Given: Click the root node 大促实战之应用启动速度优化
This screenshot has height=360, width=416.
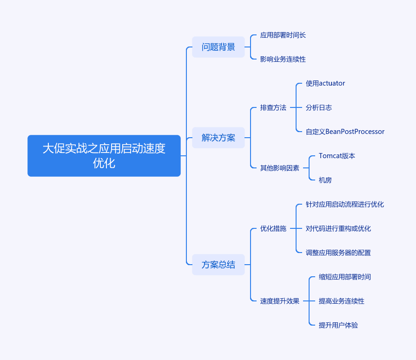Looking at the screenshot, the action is (104, 155).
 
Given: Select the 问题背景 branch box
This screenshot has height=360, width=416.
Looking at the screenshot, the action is (218, 47).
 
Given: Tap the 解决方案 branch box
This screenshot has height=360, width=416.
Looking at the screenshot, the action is (218, 138).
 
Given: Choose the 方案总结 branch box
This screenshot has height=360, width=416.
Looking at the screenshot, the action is (218, 265).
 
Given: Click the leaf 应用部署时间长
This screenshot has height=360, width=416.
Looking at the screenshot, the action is (283, 35).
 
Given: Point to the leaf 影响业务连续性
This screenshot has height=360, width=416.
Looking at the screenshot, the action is (283, 59).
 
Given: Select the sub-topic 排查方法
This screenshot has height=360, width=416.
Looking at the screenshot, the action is (273, 107).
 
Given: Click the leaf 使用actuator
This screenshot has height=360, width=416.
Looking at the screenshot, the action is (325, 83).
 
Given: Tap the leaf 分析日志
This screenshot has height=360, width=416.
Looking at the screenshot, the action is (319, 107).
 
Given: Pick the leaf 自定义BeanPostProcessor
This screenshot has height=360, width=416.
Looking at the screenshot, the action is (345, 132).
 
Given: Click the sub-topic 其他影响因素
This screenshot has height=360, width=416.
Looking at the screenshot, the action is (280, 168).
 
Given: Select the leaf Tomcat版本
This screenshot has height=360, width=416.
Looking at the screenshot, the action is (337, 156).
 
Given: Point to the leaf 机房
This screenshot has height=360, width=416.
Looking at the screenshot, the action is (325, 180).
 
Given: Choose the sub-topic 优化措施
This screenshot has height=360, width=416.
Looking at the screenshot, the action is (273, 228).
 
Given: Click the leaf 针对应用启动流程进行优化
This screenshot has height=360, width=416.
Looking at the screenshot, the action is (344, 204).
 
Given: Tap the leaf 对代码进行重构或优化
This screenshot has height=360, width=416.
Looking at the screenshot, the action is (338, 228).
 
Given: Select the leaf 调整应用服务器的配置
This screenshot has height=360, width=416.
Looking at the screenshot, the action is (338, 253).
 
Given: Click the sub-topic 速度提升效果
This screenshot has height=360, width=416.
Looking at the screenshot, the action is (280, 301).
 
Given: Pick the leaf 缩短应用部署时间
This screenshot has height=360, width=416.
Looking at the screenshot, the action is (344, 277).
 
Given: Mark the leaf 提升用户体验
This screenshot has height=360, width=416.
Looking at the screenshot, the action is (338, 325).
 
